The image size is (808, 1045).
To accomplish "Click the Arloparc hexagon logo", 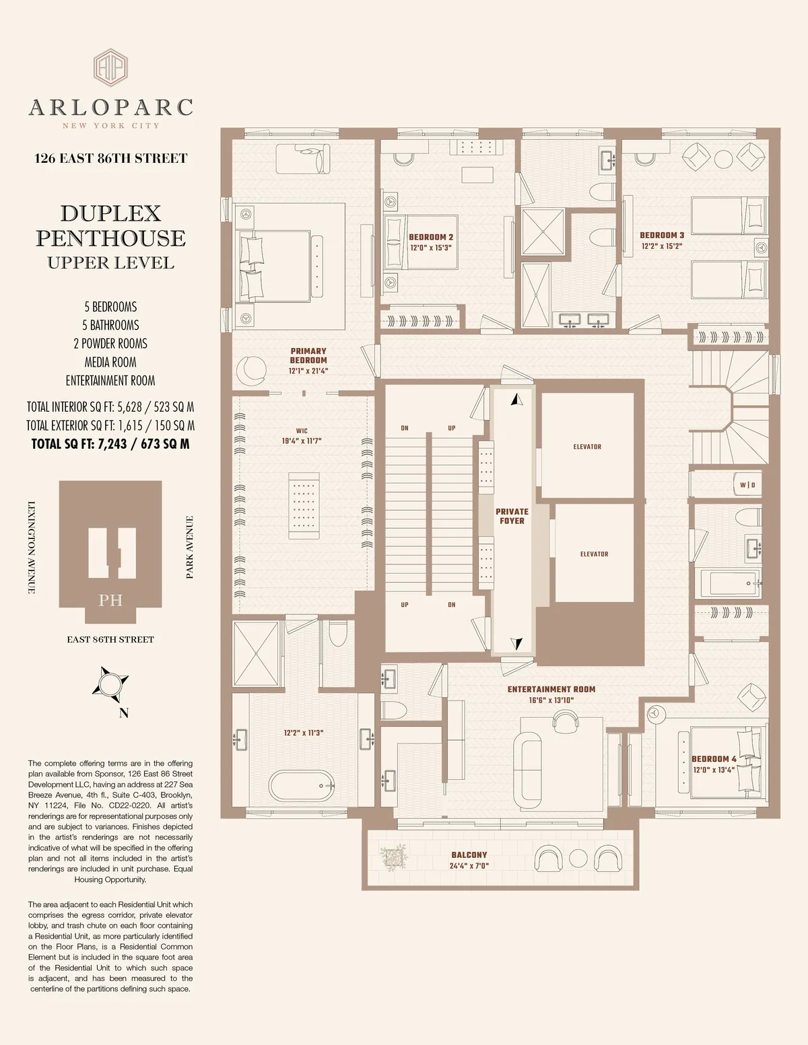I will (111, 68).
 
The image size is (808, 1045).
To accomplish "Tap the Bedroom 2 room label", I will (431, 238).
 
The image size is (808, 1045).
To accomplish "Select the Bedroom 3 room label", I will (662, 236).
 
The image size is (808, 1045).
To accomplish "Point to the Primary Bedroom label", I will (308, 355).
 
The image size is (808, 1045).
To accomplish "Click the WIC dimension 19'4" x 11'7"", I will (302, 441).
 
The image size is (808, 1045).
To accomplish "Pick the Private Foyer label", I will (512, 516).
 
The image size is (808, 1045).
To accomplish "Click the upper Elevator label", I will (587, 447).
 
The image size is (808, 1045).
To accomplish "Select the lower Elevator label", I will (594, 554).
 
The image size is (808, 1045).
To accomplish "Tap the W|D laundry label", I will (747, 485).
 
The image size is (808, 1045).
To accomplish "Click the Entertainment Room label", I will (551, 690).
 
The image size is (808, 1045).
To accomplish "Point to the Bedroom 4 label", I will (714, 759).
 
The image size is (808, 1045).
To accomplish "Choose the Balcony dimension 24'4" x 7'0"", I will (469, 866).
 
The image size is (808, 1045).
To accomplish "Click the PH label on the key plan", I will (110, 600).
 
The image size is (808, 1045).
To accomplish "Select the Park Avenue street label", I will (190, 547).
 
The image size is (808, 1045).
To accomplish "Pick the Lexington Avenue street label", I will (31, 547).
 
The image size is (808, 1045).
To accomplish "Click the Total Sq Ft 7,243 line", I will (110, 444).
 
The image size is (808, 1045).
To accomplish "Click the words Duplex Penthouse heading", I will (110, 225).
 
